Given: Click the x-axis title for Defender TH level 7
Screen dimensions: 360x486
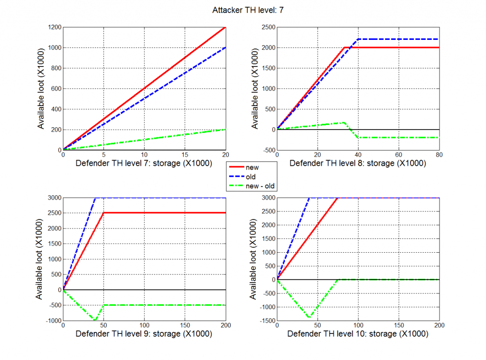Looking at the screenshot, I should pyautogui.click(x=144, y=163).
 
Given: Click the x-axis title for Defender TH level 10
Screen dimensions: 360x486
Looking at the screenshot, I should pyautogui.click(x=358, y=334).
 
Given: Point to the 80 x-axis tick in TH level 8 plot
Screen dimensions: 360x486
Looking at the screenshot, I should pyautogui.click(x=439, y=155).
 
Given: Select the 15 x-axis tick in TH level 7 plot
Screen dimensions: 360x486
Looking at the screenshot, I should pyautogui.click(x=185, y=155).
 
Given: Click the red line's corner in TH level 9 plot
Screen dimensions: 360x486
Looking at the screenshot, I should pyautogui.click(x=104, y=213).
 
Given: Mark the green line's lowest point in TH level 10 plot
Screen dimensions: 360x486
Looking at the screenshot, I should pyautogui.click(x=309, y=318).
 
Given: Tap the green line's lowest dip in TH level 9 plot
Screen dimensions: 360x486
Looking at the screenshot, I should pyautogui.click(x=95, y=321).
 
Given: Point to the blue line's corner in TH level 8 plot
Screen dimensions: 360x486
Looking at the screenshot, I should pyautogui.click(x=358, y=39).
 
